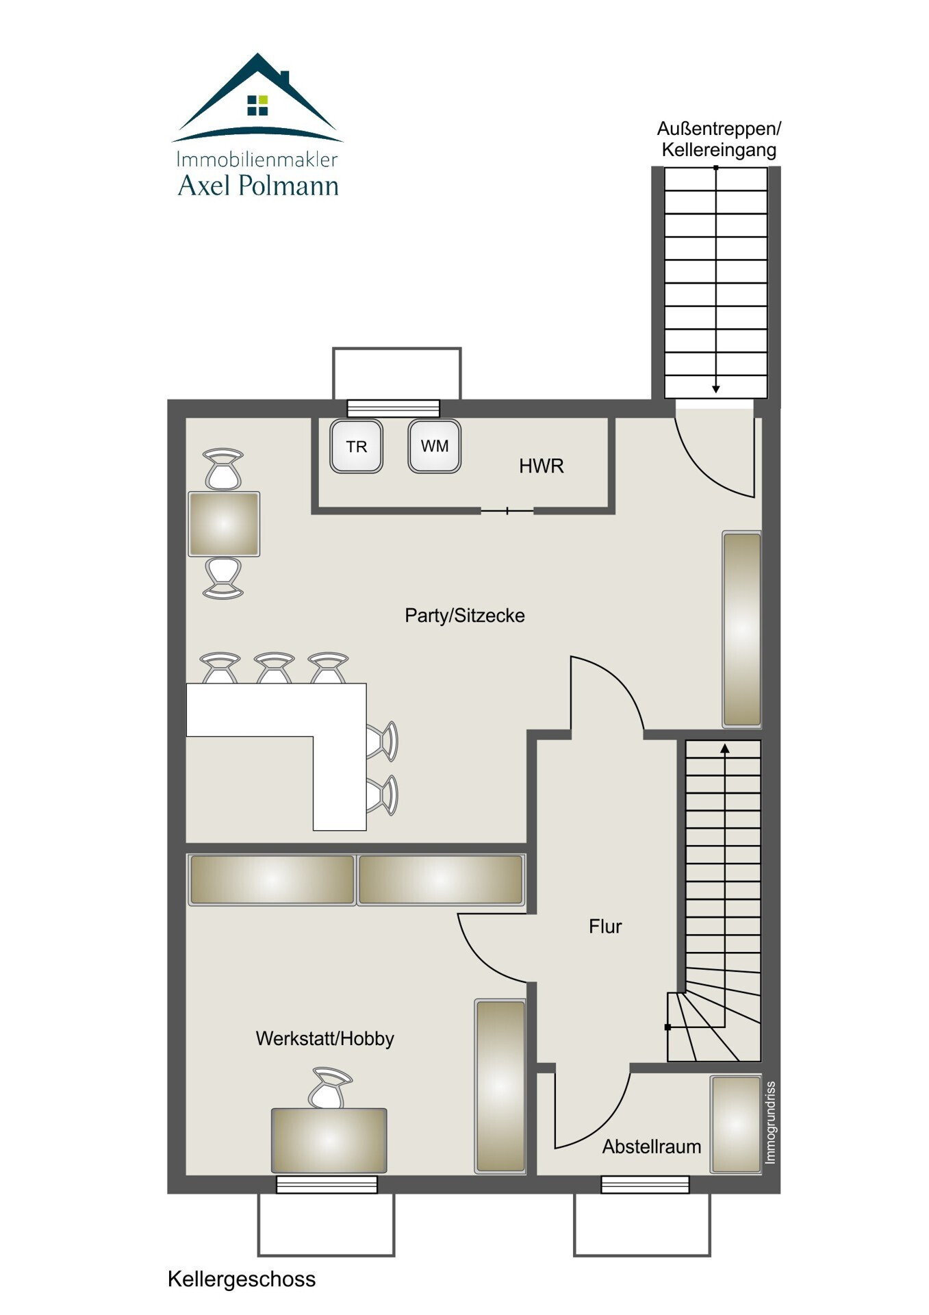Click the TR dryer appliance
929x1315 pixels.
point(356,447)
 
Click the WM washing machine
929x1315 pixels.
point(434,446)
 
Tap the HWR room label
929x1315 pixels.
point(541,466)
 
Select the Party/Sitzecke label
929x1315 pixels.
point(465,616)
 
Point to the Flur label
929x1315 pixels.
point(605,927)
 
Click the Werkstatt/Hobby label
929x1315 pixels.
point(324,1039)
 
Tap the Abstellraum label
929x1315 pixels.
point(652,1147)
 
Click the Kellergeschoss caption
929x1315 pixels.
point(242,1279)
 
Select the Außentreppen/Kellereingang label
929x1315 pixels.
point(719,139)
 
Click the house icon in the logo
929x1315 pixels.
point(257,96)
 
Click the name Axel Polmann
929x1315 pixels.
point(258,186)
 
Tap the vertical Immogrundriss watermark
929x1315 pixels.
point(770,1123)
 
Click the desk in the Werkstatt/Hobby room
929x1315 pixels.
point(329,1140)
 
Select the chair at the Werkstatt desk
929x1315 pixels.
point(329,1088)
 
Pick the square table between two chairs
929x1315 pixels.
point(224,524)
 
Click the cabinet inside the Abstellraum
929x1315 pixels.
point(736,1124)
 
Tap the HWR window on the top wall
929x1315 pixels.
point(393,408)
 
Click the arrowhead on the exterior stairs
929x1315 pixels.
point(716,389)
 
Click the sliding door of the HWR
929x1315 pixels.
point(507,511)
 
